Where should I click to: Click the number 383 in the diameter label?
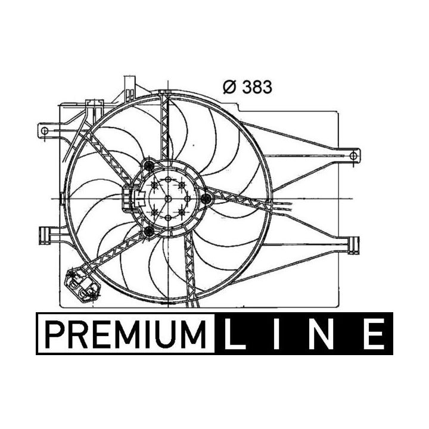pos(257,87)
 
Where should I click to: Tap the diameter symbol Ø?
pos(229,87)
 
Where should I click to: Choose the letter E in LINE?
pos(374,334)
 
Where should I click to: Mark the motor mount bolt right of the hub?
pos(207,198)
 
